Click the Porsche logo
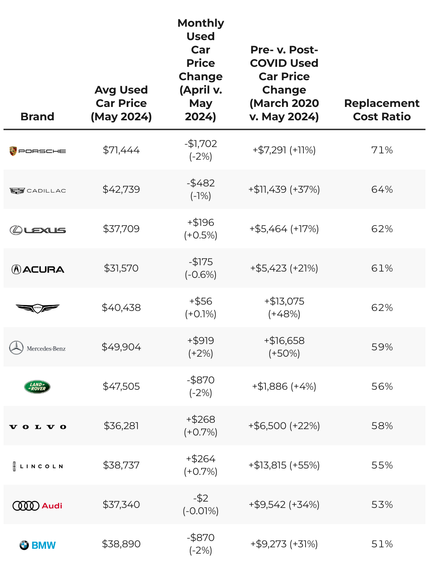[37, 151]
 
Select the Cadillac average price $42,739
[121, 190]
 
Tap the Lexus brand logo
[37, 230]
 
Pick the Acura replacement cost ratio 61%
[382, 268]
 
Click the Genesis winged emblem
[38, 308]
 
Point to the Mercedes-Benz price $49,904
[121, 347]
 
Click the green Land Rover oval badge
[37, 387]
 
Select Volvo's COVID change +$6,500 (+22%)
[284, 426]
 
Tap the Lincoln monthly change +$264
[200, 459]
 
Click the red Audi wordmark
[52, 506]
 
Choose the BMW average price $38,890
[121, 544]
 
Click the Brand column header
[37, 116]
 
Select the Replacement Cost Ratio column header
[382, 110]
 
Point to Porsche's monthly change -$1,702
[200, 144]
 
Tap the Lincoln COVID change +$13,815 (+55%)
[284, 465]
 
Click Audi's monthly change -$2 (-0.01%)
[200, 504]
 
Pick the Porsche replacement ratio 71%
[382, 150]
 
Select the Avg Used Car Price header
[121, 103]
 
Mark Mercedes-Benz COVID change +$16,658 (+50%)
[284, 347]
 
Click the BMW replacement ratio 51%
[382, 544]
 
